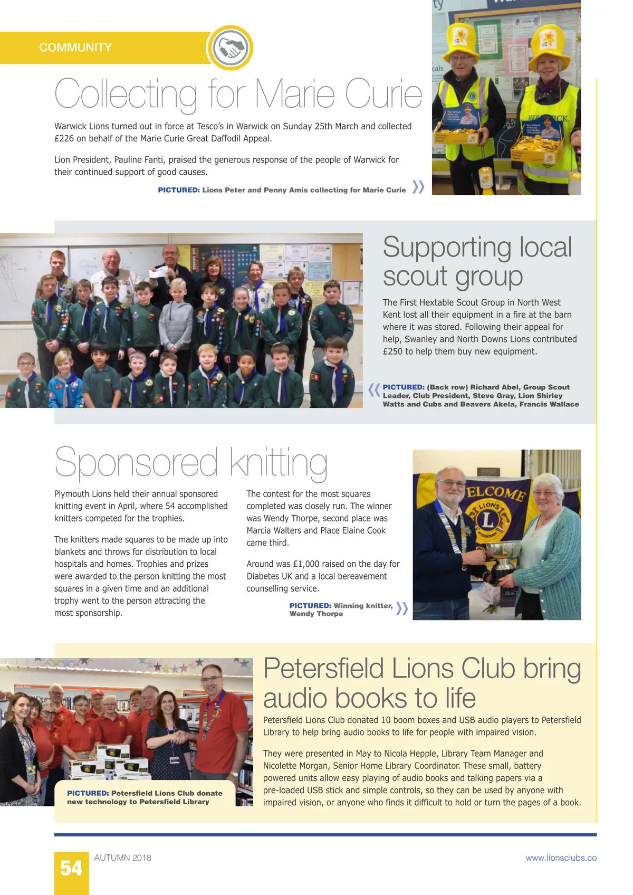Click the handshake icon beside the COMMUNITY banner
(x=229, y=48)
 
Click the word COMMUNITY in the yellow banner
(x=75, y=47)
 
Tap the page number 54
(x=71, y=868)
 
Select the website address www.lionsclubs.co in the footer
(x=561, y=858)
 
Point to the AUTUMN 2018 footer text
(x=122, y=858)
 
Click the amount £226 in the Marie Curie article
(x=65, y=138)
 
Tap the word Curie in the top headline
(x=383, y=94)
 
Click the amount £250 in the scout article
(x=392, y=351)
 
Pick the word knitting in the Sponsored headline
(x=278, y=462)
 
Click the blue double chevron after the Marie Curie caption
(x=418, y=187)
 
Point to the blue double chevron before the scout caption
(x=374, y=390)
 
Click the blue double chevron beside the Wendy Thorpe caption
(x=401, y=608)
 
